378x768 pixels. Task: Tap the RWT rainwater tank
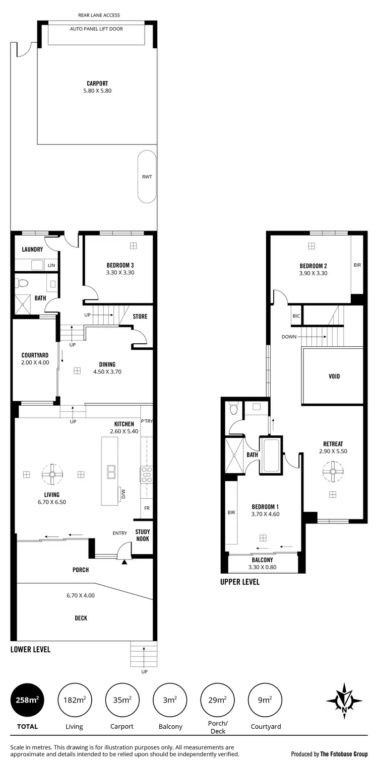point(147,177)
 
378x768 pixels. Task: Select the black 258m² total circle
point(27,700)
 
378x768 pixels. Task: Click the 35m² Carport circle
point(122,700)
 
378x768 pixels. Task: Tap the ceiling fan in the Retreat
point(332,471)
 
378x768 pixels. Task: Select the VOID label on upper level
point(334,376)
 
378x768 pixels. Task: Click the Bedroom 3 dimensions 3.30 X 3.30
point(120,272)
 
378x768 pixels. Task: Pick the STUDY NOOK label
point(143,535)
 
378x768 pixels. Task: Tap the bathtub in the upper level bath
point(271,455)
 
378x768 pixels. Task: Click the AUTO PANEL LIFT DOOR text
point(96,29)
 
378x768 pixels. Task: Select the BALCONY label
point(262,560)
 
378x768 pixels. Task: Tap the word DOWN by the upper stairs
point(289,337)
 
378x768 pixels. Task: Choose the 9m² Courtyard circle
point(265,700)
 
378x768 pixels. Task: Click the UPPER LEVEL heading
point(240,582)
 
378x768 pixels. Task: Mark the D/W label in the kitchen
point(122,494)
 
